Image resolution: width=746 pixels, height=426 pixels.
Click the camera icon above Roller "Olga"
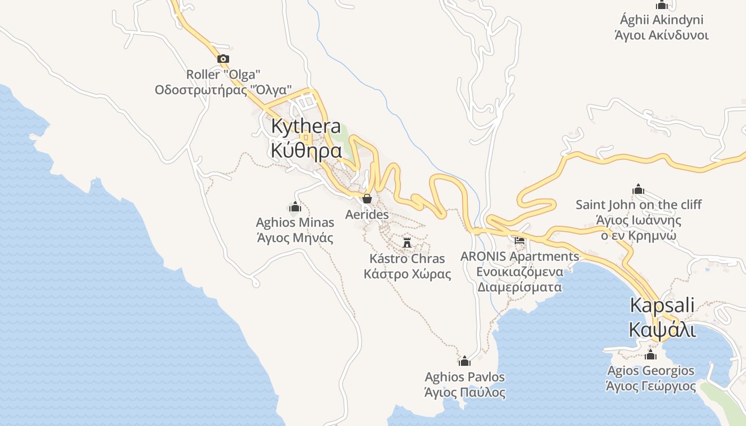coord(223,59)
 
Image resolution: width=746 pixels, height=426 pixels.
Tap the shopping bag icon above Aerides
coord(367,199)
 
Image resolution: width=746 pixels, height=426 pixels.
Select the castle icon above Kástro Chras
coord(407,243)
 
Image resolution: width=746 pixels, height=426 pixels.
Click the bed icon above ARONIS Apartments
coord(520,241)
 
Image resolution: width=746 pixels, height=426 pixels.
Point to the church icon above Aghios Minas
coord(295,207)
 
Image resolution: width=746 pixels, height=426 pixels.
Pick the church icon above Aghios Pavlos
coord(465,361)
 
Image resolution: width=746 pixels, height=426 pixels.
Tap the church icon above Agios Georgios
coord(651,355)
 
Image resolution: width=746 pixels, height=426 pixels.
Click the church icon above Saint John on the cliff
coord(638,189)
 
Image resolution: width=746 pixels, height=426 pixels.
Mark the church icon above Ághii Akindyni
coord(662,5)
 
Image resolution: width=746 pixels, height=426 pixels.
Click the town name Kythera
coord(306,127)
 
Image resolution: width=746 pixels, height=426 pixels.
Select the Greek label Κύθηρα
coord(306,151)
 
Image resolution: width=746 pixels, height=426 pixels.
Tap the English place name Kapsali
coord(662,306)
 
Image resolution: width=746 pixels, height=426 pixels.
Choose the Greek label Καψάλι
coord(662,330)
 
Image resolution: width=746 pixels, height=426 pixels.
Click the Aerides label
coord(367,215)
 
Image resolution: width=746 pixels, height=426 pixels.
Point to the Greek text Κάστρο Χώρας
coord(407,274)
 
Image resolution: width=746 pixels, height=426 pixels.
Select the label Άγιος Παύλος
coord(465,393)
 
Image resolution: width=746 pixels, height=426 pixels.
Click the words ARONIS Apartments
coord(520,256)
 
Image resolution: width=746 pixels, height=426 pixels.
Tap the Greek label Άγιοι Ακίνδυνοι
coord(662,36)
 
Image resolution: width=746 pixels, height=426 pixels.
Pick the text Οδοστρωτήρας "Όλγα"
coord(223,89)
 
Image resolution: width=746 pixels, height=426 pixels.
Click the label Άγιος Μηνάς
coord(295,237)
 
